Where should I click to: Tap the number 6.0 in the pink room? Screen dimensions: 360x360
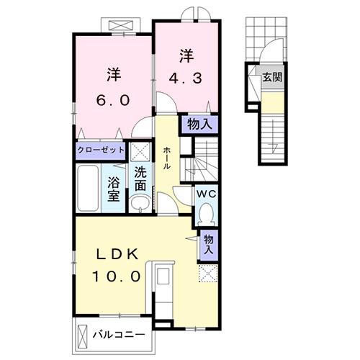click(x=113, y=100)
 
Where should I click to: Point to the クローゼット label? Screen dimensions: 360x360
click(x=102, y=151)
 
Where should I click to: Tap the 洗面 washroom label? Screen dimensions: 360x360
click(x=140, y=179)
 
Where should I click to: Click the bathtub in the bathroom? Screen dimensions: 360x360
click(x=89, y=187)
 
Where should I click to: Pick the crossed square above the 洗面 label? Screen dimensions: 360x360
click(x=139, y=151)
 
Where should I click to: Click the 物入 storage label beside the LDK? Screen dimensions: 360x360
click(x=207, y=243)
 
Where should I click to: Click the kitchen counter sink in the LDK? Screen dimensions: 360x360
click(x=162, y=278)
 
